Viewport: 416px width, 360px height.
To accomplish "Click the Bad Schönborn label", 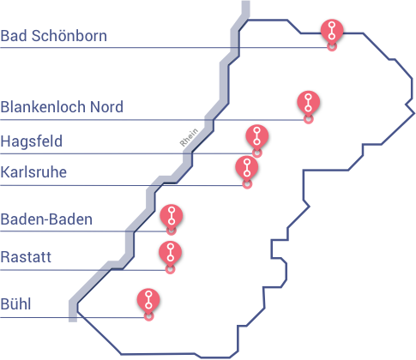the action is [x=54, y=36].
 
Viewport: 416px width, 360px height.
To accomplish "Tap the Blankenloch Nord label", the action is [x=62, y=107].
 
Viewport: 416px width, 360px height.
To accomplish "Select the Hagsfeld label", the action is [x=32, y=141].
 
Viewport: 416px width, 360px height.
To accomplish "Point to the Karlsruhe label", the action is [x=33, y=172].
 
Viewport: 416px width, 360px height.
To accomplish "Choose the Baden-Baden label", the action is [x=46, y=219].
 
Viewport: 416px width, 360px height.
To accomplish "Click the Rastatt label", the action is [x=26, y=257].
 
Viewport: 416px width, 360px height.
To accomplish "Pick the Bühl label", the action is [x=15, y=303].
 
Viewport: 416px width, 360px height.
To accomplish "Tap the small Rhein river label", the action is [x=189, y=137].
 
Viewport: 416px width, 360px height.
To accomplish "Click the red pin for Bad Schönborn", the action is [x=332, y=32].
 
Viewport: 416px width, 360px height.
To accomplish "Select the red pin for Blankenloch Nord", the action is [x=308, y=103].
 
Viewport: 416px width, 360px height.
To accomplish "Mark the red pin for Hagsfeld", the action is [x=256, y=137].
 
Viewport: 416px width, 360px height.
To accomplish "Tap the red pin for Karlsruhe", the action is [x=247, y=168].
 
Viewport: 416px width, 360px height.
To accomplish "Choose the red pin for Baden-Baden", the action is [x=172, y=216].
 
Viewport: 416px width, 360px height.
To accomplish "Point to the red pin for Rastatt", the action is [x=170, y=253].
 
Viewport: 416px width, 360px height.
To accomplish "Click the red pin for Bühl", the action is [x=148, y=301].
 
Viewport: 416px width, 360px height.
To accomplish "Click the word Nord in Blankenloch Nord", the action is [x=106, y=107].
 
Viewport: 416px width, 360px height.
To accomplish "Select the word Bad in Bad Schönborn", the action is [x=14, y=36].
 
